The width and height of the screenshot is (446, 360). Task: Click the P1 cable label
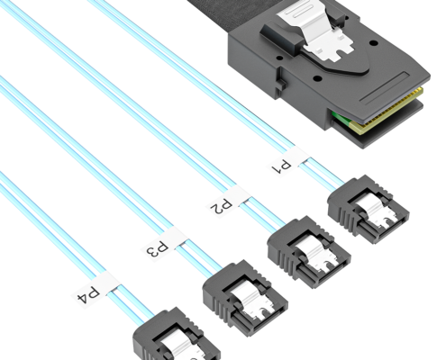click(x=288, y=161)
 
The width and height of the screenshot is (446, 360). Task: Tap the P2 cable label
click(x=228, y=200)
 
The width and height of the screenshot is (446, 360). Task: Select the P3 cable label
click(x=165, y=244)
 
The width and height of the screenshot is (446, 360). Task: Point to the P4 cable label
click(x=96, y=290)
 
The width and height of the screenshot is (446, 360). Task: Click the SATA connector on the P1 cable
click(x=369, y=209)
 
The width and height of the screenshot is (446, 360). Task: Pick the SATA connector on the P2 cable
click(x=309, y=252)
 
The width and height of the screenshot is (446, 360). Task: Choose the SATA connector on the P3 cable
click(x=245, y=297)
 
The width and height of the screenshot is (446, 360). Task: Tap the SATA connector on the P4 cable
click(x=177, y=335)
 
